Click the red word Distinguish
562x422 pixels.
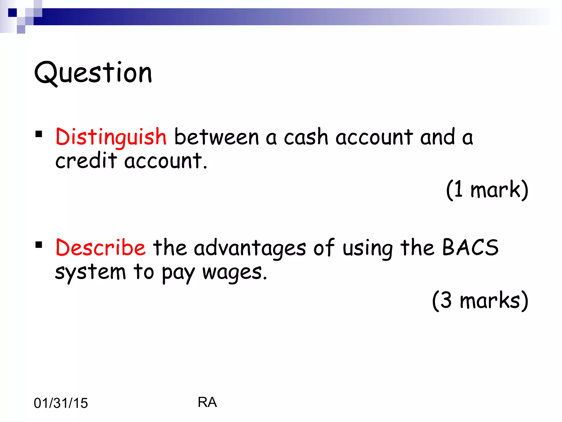coord(111,137)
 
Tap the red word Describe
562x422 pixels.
coord(100,247)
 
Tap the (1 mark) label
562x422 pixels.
coord(487,190)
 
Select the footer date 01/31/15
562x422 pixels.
coord(61,403)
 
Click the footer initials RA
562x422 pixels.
coord(207,402)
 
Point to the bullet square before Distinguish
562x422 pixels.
coord(39,134)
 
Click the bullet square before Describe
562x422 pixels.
coord(39,245)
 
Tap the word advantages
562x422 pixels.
coord(250,248)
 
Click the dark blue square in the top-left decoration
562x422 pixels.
coord(12,13)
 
